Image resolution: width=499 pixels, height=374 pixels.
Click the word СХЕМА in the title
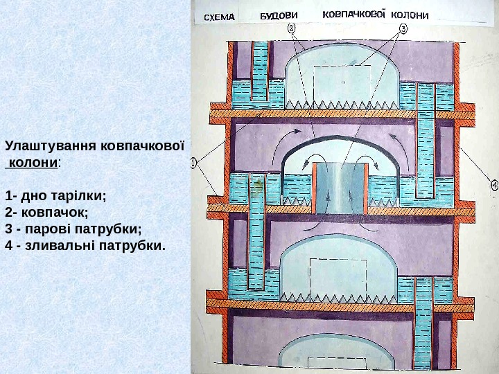[218, 17]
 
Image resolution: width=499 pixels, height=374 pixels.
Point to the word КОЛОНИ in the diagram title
[410, 15]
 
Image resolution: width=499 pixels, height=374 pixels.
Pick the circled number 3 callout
[403, 29]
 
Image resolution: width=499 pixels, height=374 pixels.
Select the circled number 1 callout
[194, 163]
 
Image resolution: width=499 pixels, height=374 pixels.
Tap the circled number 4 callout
[494, 185]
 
